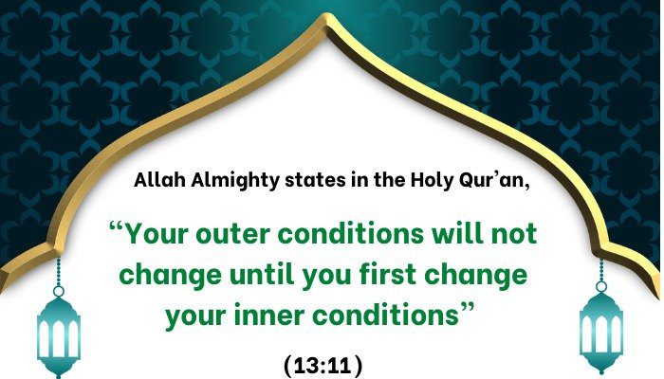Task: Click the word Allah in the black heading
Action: tap(159, 180)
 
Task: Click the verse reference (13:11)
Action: tap(323, 366)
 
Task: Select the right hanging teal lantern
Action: tap(601, 328)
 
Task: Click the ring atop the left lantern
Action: tap(59, 292)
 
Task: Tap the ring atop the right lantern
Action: tap(601, 287)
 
